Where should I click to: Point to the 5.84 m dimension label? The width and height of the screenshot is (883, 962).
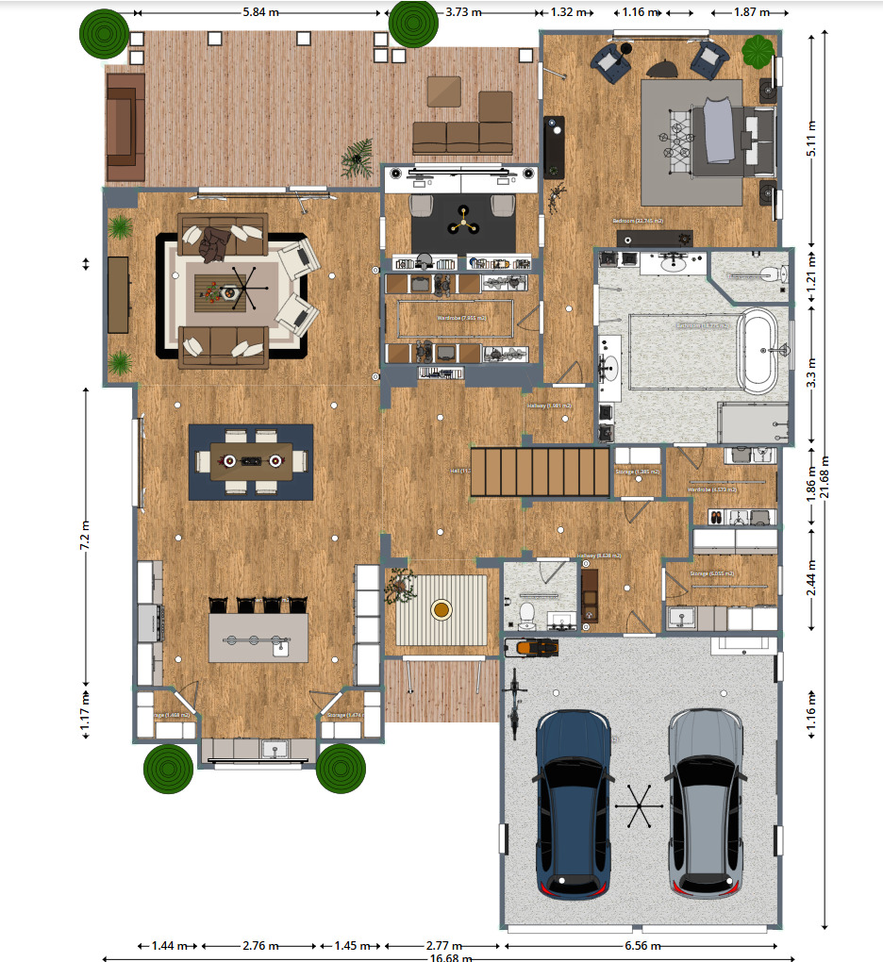click(260, 12)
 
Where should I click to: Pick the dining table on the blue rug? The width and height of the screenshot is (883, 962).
click(251, 460)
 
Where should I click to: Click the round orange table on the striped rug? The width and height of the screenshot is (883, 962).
click(441, 609)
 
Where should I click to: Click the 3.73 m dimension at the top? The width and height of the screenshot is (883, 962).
click(463, 12)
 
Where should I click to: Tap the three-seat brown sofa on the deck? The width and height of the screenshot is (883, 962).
click(462, 137)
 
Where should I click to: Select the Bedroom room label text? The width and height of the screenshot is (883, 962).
click(638, 221)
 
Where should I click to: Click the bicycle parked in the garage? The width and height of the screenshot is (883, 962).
click(514, 702)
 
